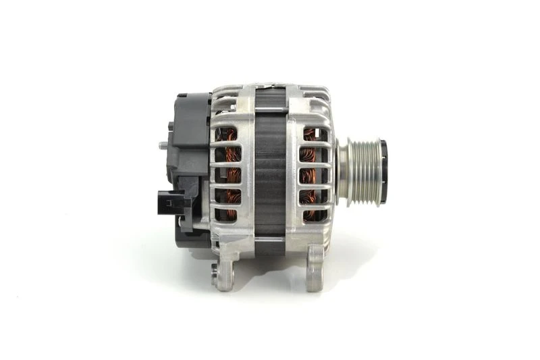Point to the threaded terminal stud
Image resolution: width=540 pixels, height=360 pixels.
click(164, 144)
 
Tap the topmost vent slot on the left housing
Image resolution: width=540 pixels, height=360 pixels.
click(226, 134)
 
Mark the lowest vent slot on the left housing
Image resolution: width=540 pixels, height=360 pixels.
click(226, 215)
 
